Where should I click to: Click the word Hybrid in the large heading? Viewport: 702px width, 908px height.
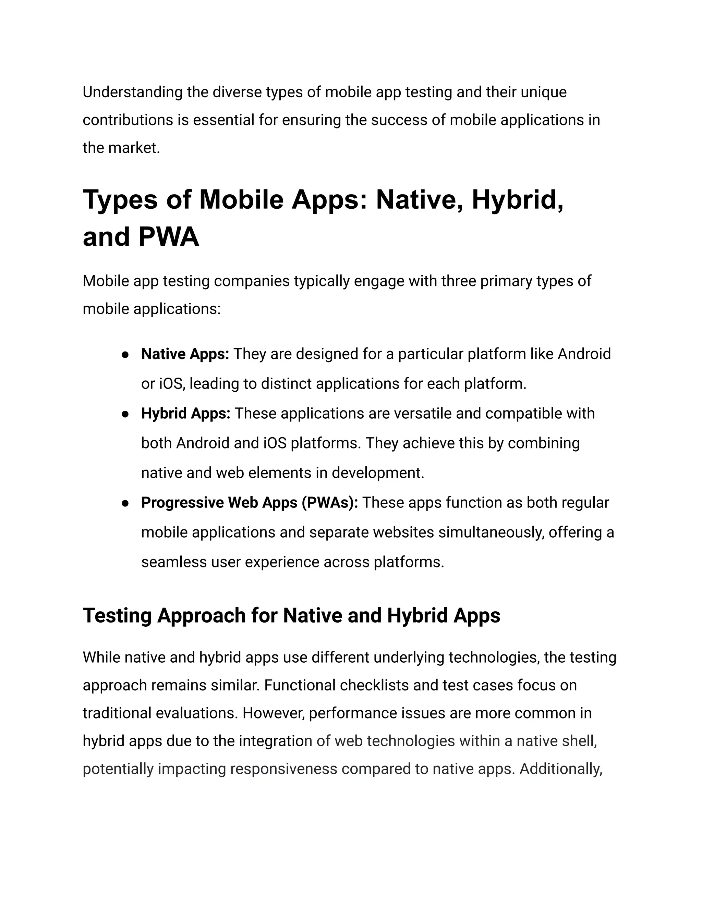coord(517,199)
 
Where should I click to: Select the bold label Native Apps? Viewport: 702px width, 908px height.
coord(185,354)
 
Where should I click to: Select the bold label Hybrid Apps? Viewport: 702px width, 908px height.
coord(185,414)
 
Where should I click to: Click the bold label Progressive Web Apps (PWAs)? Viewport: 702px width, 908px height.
coord(250,503)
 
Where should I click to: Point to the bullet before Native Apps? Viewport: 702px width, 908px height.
coord(125,355)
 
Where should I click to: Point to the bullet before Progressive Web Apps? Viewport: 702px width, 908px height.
coord(125,503)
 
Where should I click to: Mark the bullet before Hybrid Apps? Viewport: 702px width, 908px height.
coord(125,415)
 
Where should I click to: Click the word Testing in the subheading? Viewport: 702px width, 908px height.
coord(117,616)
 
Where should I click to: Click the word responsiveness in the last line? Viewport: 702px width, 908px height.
coord(283,769)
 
